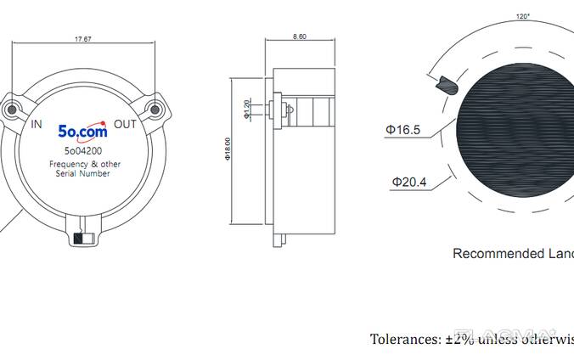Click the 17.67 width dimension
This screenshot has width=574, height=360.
[x=82, y=38]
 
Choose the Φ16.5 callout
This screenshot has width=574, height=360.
[x=402, y=130]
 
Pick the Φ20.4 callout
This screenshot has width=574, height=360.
[x=409, y=181]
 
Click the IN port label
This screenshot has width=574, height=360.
[x=37, y=125]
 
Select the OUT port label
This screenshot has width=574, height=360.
[x=125, y=125]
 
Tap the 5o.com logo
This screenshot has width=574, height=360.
[x=82, y=132]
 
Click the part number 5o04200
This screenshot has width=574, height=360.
[x=83, y=151]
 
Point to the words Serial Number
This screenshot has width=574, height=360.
[x=82, y=173]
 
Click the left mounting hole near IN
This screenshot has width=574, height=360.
[x=12, y=109]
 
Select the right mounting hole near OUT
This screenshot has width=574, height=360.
[x=153, y=109]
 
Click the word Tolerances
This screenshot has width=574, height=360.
[x=405, y=340]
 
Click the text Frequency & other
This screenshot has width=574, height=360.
[x=82, y=163]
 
